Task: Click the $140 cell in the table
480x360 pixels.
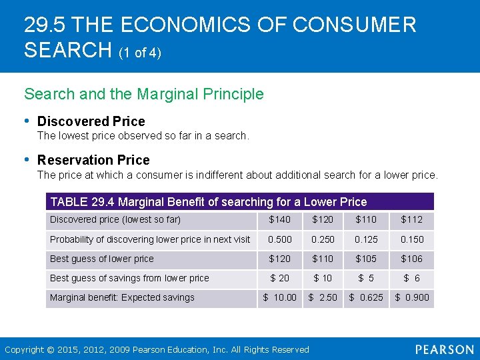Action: pyautogui.click(x=280, y=220)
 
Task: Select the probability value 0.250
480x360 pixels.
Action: pyautogui.click(x=323, y=239)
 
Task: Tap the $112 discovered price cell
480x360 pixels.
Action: pyautogui.click(x=413, y=220)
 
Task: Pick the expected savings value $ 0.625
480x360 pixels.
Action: pyautogui.click(x=366, y=297)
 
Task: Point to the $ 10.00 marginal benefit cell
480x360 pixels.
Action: pyautogui.click(x=280, y=297)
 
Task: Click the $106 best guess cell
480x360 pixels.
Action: pyautogui.click(x=413, y=259)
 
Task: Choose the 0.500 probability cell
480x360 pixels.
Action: pyautogui.click(x=280, y=239)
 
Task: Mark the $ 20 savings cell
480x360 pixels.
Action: pyautogui.click(x=280, y=278)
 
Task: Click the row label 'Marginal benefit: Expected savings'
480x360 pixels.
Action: pyautogui.click(x=122, y=297)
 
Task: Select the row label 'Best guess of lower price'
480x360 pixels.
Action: pyautogui.click(x=102, y=259)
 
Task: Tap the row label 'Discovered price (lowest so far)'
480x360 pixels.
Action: pyautogui.click(x=115, y=220)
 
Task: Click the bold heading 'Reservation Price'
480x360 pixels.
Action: pyautogui.click(x=93, y=160)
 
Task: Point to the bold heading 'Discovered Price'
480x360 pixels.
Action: pyautogui.click(x=91, y=121)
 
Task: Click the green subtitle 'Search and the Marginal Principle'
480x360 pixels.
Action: pyautogui.click(x=144, y=94)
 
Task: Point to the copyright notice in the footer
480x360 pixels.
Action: pyautogui.click(x=157, y=349)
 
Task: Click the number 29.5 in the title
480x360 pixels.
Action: pyautogui.click(x=44, y=25)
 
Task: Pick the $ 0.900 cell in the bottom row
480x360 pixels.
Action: pyautogui.click(x=412, y=297)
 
